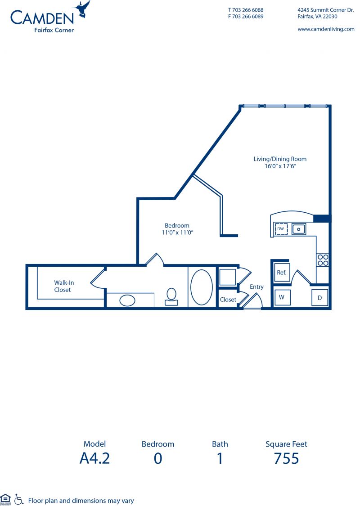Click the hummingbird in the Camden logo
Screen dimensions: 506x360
(x=83, y=9)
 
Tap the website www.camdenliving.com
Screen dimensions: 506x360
(x=326, y=29)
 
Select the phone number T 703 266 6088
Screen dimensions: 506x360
(x=246, y=9)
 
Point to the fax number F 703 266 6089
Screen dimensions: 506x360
(x=246, y=16)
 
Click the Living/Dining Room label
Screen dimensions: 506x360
(x=280, y=159)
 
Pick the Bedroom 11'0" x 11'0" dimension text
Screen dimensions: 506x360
(x=177, y=233)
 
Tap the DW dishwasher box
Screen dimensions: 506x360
(x=281, y=229)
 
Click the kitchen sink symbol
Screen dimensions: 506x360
(x=299, y=229)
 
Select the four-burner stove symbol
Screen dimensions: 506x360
(x=323, y=260)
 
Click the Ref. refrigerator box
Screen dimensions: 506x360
(x=282, y=273)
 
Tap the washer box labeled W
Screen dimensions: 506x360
(x=282, y=297)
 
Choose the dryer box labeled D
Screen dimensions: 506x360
(x=319, y=298)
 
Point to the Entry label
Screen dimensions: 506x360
(x=256, y=287)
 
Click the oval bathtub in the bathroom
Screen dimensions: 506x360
(x=202, y=287)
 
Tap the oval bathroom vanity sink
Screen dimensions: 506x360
(x=127, y=300)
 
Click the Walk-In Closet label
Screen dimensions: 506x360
(x=63, y=286)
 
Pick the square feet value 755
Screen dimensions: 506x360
(x=286, y=458)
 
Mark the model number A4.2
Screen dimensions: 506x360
(x=94, y=458)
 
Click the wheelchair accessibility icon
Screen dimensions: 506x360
(x=19, y=499)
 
